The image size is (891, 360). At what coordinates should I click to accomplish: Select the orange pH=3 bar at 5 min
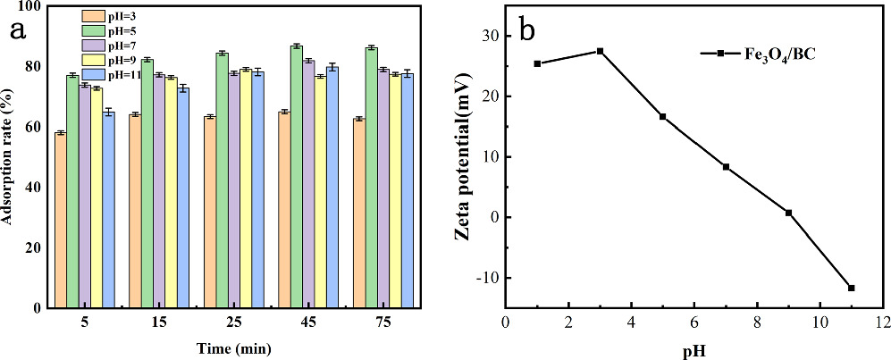point(61,220)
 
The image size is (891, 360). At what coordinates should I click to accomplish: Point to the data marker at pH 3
point(600,51)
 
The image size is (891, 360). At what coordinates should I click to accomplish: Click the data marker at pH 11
point(851,288)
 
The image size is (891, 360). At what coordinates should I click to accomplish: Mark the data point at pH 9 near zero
point(788,213)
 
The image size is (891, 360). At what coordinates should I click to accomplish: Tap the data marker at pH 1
point(537,63)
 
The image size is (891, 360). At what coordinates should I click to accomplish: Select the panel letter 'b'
point(527,29)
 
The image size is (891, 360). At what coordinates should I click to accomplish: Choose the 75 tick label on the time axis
point(382,322)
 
